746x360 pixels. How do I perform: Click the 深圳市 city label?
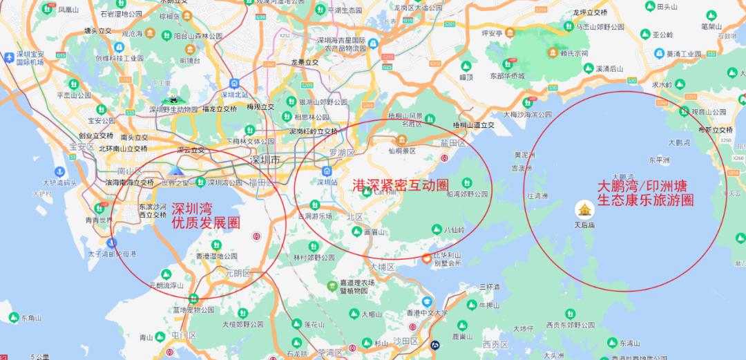pos(265,160)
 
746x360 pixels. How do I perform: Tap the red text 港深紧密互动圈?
pos(401,185)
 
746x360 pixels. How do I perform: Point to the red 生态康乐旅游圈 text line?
pos(645,200)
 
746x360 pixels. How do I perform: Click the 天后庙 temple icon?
pos(584,209)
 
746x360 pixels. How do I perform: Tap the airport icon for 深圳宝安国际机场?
pos(8,57)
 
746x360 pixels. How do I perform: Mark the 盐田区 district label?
pos(453,143)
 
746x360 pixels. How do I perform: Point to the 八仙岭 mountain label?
pos(454,230)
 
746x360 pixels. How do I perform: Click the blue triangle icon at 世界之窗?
pos(177,171)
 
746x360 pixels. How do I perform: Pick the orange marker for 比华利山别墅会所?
pos(427,258)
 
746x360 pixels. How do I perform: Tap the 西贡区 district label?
pos(495,344)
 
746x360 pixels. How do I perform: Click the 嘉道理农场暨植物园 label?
pos(356,287)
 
